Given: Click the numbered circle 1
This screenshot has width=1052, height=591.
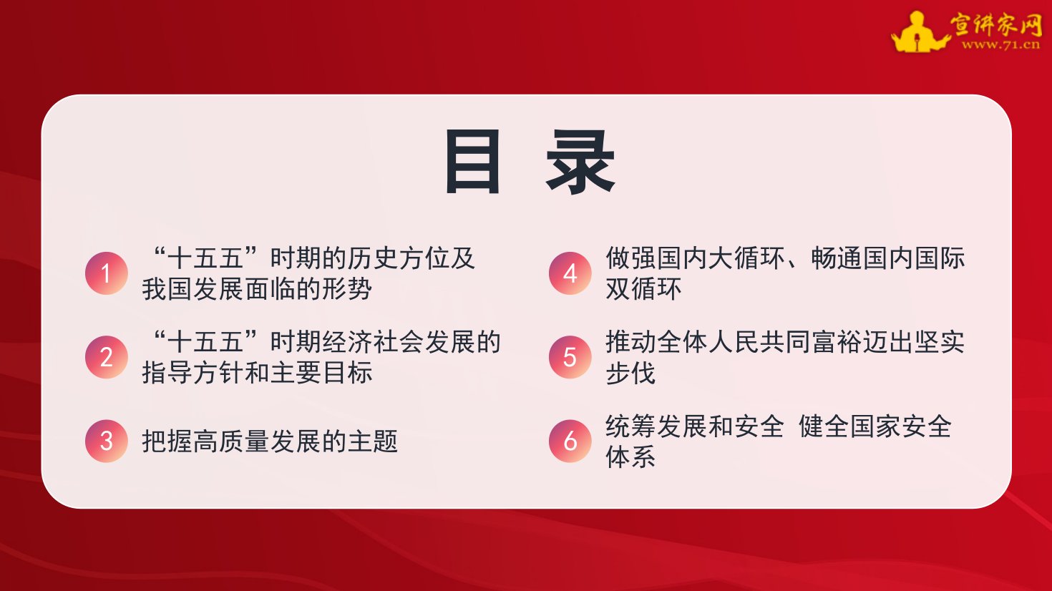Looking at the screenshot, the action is click(x=106, y=273).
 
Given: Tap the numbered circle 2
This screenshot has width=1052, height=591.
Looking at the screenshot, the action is click(x=106, y=357).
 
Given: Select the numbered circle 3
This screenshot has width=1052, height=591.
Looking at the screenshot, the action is click(x=106, y=441).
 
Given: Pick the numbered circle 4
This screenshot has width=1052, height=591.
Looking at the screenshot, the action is click(x=570, y=273).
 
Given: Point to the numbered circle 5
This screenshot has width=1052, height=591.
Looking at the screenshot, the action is click(x=570, y=357).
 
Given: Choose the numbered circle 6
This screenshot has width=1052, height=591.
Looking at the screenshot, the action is click(x=570, y=441).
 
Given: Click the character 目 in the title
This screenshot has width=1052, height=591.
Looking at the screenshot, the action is click(x=472, y=162).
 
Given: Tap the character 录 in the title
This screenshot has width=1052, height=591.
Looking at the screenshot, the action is click(x=580, y=162).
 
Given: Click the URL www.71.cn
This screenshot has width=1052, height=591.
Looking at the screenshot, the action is click(x=1000, y=45).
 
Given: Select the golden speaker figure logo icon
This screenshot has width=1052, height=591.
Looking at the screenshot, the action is click(x=920, y=32).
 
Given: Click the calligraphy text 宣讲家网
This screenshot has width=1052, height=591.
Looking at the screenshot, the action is click(x=995, y=24).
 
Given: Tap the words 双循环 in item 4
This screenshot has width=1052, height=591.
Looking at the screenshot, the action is click(x=643, y=288).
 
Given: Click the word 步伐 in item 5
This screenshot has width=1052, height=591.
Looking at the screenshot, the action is click(x=630, y=373).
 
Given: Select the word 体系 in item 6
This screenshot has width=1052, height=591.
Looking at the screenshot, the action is click(x=630, y=456).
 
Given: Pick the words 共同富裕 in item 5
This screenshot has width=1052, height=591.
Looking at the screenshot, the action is click(x=811, y=342).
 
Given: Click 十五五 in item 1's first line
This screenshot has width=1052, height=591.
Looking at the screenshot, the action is click(x=205, y=258).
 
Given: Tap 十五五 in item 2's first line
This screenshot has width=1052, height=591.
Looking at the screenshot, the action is click(x=205, y=342).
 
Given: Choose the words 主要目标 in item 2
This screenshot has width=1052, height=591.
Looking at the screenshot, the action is click(x=322, y=373).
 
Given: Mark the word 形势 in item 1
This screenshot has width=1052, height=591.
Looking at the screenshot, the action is click(x=348, y=288).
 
